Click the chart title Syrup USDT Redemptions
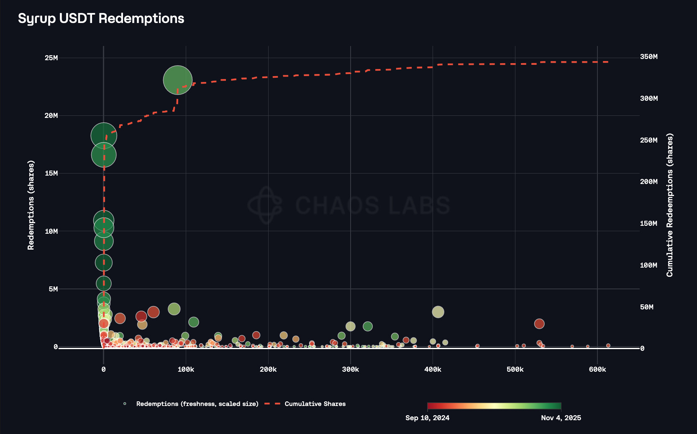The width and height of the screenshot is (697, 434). click(101, 18)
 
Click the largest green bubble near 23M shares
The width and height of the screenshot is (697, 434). click(178, 80)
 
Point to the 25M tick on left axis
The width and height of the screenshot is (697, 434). click(51, 58)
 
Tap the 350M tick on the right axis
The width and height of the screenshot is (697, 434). click(648, 57)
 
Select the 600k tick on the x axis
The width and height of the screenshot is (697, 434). click(597, 370)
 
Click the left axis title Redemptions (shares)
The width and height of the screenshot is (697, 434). click(31, 205)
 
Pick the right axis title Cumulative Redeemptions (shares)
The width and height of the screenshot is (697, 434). click(669, 205)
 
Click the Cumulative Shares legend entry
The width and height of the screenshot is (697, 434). click(315, 404)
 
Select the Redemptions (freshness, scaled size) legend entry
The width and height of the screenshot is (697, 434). click(197, 404)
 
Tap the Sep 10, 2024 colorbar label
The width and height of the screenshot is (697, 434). click(427, 418)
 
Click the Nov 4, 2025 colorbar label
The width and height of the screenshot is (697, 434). click(561, 418)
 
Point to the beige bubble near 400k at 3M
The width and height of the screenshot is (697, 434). click(438, 312)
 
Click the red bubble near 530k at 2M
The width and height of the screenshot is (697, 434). click(539, 324)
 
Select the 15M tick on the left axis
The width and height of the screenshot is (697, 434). click(51, 174)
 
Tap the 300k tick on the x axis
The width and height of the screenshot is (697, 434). click(350, 370)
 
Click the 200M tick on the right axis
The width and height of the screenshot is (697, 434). click(648, 182)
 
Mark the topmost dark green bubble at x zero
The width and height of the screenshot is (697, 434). click(104, 136)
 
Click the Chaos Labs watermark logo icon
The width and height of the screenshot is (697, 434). click(265, 205)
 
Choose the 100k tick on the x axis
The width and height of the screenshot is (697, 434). click(186, 370)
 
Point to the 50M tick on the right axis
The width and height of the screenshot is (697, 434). click(647, 307)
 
